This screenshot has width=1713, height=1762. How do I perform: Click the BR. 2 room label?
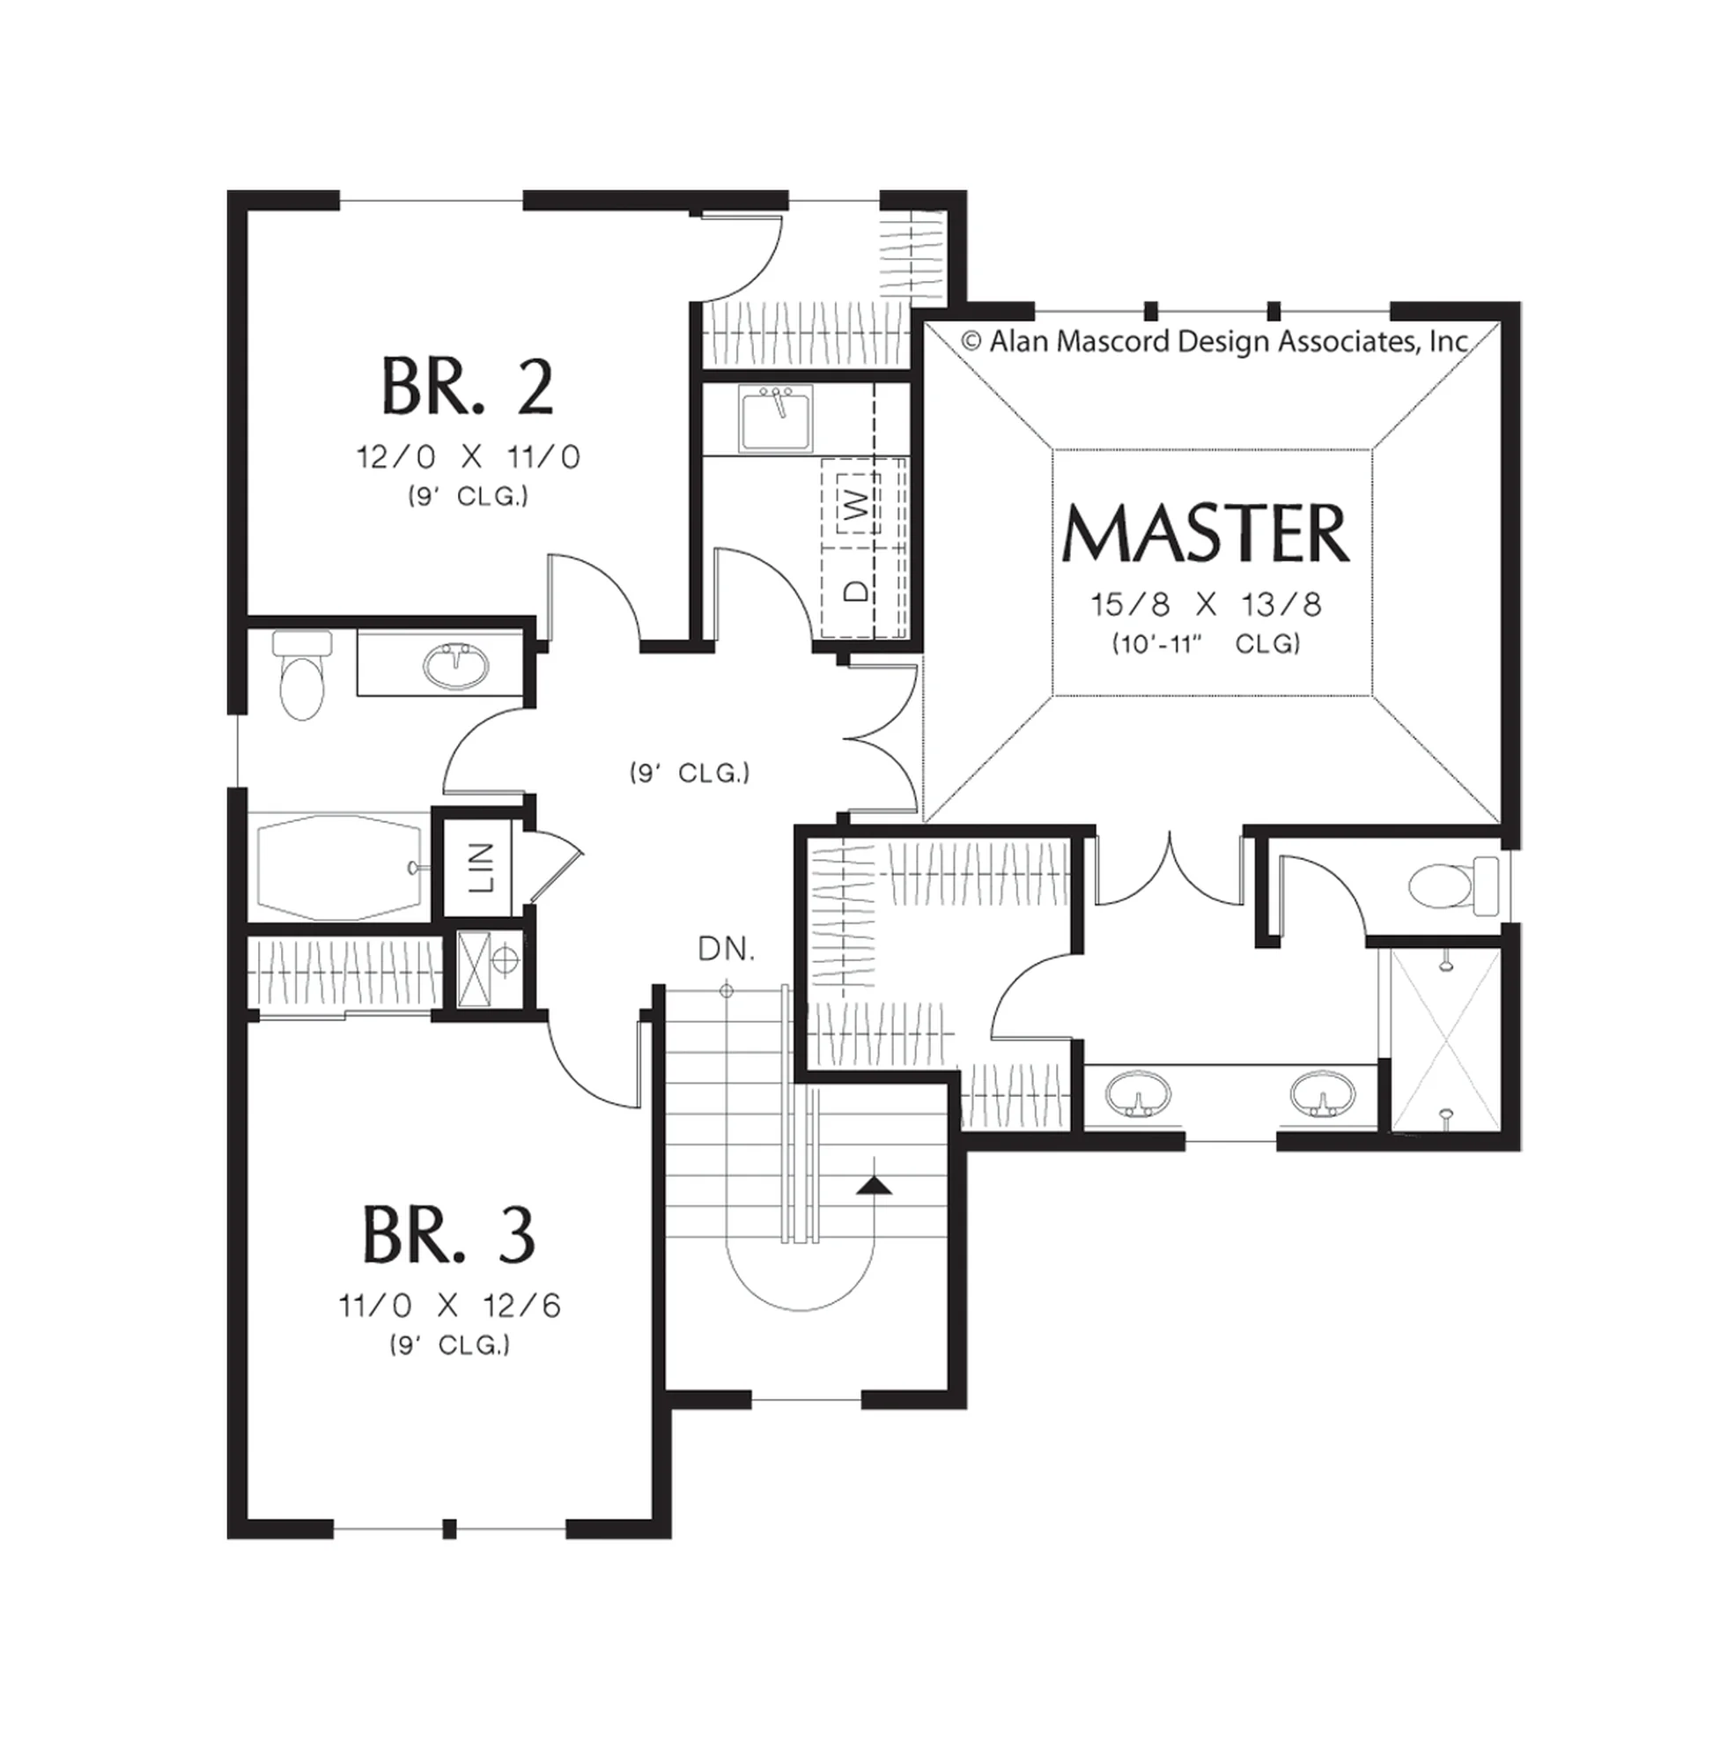point(468,386)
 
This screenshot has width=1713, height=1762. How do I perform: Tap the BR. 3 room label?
point(449,1235)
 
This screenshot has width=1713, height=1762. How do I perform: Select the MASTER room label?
point(1206,534)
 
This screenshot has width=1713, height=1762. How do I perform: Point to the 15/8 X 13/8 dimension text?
point(1207,604)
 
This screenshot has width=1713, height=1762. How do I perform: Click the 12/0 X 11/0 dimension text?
point(468,458)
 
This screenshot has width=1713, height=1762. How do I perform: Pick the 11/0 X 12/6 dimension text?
point(450,1306)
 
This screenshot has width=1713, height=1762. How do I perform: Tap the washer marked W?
point(859,504)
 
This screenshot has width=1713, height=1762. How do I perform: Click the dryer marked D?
point(859,590)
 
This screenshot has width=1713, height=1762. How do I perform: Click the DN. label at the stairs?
point(727,949)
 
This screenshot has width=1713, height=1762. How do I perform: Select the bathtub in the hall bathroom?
point(340,868)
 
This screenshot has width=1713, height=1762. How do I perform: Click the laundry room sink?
point(776,418)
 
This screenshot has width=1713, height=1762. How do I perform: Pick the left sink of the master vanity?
point(1138,1093)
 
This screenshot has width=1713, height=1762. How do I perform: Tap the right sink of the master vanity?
point(1322,1093)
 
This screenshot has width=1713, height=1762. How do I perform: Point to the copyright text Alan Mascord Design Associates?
point(1215,342)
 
